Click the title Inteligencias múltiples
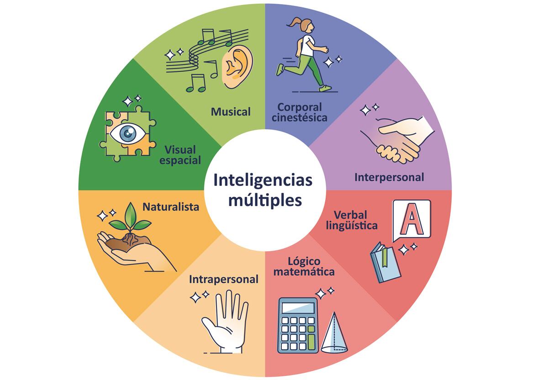264,190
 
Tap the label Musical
231,111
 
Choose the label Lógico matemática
311,267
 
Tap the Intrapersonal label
224,279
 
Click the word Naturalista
171,207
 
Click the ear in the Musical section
237,68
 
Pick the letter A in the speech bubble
412,221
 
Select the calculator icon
298,325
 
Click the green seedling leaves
131,219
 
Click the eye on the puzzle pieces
128,133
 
